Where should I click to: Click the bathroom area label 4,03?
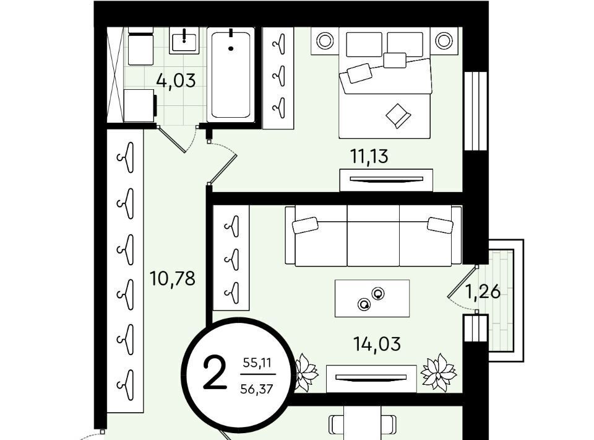click(x=176, y=81)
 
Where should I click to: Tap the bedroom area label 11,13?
click(x=369, y=156)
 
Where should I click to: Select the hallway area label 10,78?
click(x=173, y=278)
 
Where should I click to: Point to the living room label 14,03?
click(x=377, y=344)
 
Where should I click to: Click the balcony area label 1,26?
click(x=483, y=292)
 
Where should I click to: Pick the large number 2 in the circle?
click(x=215, y=374)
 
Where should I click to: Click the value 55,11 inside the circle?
click(x=257, y=363)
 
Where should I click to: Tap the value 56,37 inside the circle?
click(x=257, y=389)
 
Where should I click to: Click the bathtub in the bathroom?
click(x=231, y=75)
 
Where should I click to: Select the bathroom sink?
click(x=184, y=40)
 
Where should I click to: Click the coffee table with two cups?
click(x=372, y=298)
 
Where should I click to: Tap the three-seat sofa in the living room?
click(x=373, y=235)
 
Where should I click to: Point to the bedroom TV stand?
click(x=386, y=180)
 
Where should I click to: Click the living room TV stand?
click(x=371, y=379)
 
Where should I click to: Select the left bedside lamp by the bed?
click(x=325, y=40)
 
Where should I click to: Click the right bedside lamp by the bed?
click(x=444, y=40)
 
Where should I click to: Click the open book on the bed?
click(x=398, y=115)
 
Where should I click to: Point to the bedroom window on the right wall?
click(x=475, y=111)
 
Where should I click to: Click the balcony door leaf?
click(x=462, y=283)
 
